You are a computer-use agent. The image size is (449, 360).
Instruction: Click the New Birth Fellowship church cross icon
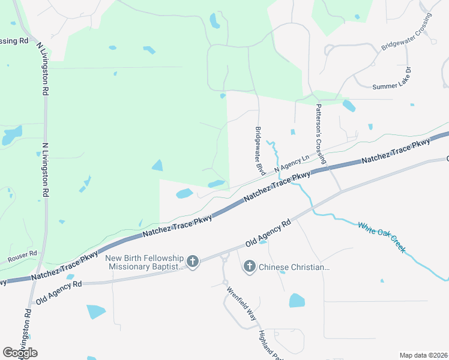tap(193, 261)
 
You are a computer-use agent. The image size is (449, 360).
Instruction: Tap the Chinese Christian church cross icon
tap(250, 267)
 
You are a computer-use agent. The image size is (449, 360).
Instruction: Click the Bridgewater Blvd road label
tap(260, 151)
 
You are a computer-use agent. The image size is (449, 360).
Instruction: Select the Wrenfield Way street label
tap(241, 305)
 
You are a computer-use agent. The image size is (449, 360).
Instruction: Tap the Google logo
tap(20, 352)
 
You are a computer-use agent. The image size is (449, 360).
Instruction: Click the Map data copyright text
tap(424, 355)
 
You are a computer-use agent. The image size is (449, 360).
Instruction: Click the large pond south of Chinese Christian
tap(297, 301)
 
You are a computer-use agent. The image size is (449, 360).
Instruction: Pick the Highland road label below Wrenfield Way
tap(267, 344)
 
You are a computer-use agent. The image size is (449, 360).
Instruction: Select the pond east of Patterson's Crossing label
tap(349, 106)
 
